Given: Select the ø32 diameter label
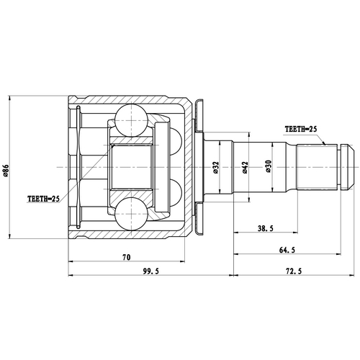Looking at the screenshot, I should pyautogui.click(x=216, y=167).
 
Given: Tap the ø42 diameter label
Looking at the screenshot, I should pyautogui.click(x=245, y=167).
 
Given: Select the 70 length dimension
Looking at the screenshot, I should pyautogui.click(x=126, y=256).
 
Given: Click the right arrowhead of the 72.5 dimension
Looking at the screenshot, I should pyautogui.click(x=351, y=274).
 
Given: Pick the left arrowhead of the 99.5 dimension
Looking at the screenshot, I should pyautogui.click(x=70, y=274).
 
